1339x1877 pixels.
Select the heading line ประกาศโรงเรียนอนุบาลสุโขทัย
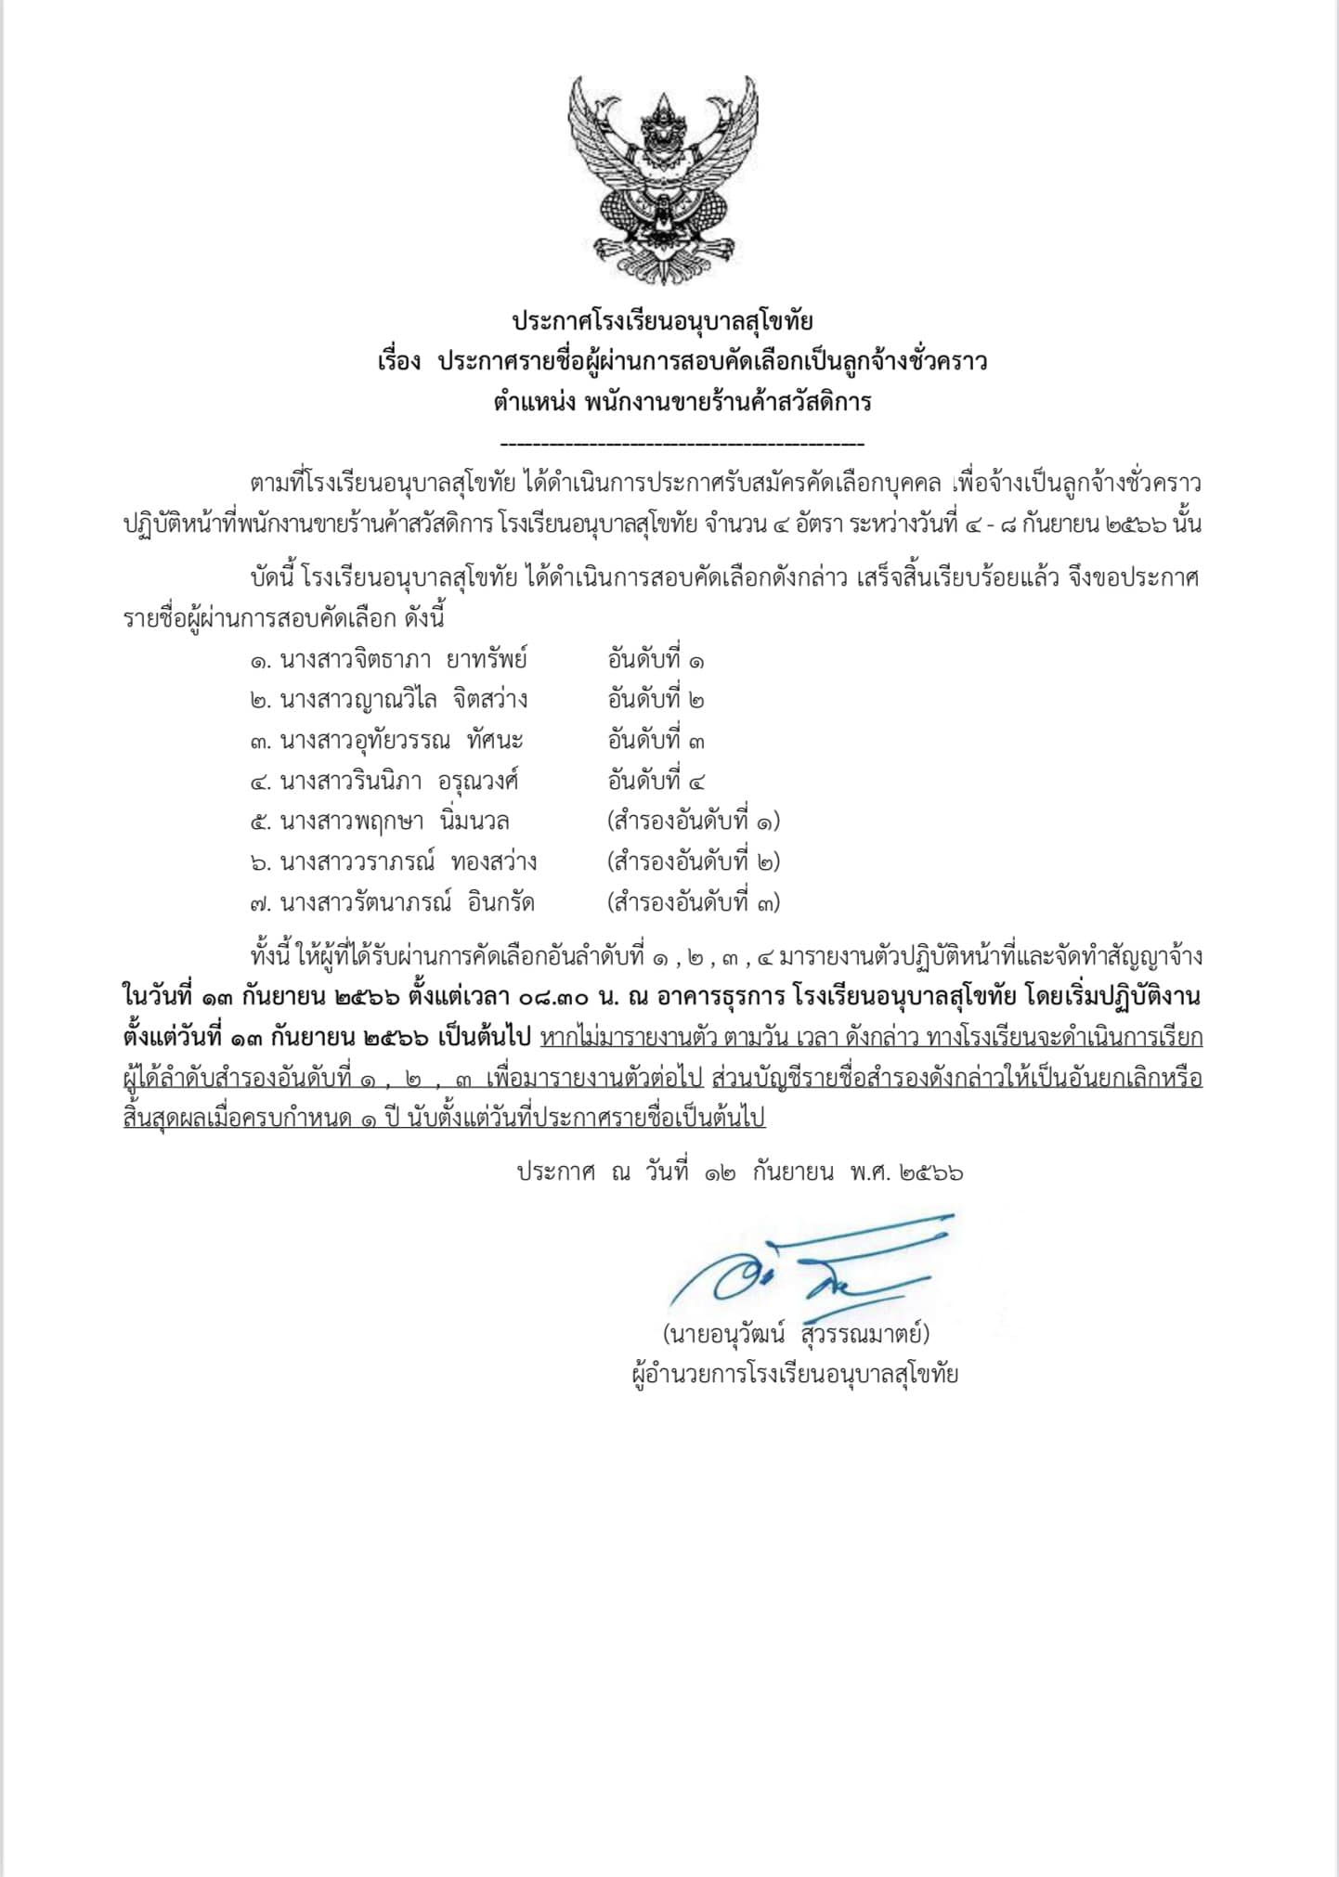click(663, 322)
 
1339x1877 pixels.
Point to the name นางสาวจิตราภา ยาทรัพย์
click(403, 660)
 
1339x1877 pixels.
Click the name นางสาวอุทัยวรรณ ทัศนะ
click(401, 741)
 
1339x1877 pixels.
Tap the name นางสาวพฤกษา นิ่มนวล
click(394, 822)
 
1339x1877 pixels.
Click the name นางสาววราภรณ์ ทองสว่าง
click(408, 861)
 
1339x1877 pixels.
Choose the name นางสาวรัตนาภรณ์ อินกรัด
click(407, 902)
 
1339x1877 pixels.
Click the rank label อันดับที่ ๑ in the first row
click(656, 660)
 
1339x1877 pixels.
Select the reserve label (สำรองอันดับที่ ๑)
click(693, 822)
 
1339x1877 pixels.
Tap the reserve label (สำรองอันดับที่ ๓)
click(693, 902)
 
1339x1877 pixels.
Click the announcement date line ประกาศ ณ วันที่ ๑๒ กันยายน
click(739, 1172)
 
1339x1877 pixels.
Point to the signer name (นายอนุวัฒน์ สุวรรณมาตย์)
click(796, 1334)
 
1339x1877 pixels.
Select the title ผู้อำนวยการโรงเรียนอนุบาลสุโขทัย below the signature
click(794, 1374)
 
